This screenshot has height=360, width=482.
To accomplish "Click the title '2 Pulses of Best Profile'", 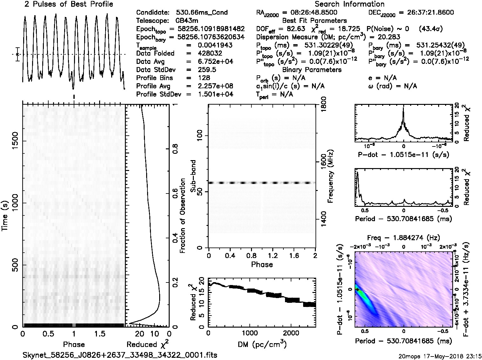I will tap(68, 4).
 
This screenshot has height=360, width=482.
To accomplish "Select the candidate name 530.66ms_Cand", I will tap(202, 13).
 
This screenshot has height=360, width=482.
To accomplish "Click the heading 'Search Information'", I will tap(349, 4).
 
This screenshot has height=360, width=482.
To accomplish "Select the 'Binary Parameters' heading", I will tap(312, 70).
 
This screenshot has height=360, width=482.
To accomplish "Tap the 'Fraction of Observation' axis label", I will tap(183, 216).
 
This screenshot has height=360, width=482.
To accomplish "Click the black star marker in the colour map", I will tap(358, 290).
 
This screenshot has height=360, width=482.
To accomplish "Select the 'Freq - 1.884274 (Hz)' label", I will tap(404, 238).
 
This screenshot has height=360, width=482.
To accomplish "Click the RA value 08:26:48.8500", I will tap(309, 13).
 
